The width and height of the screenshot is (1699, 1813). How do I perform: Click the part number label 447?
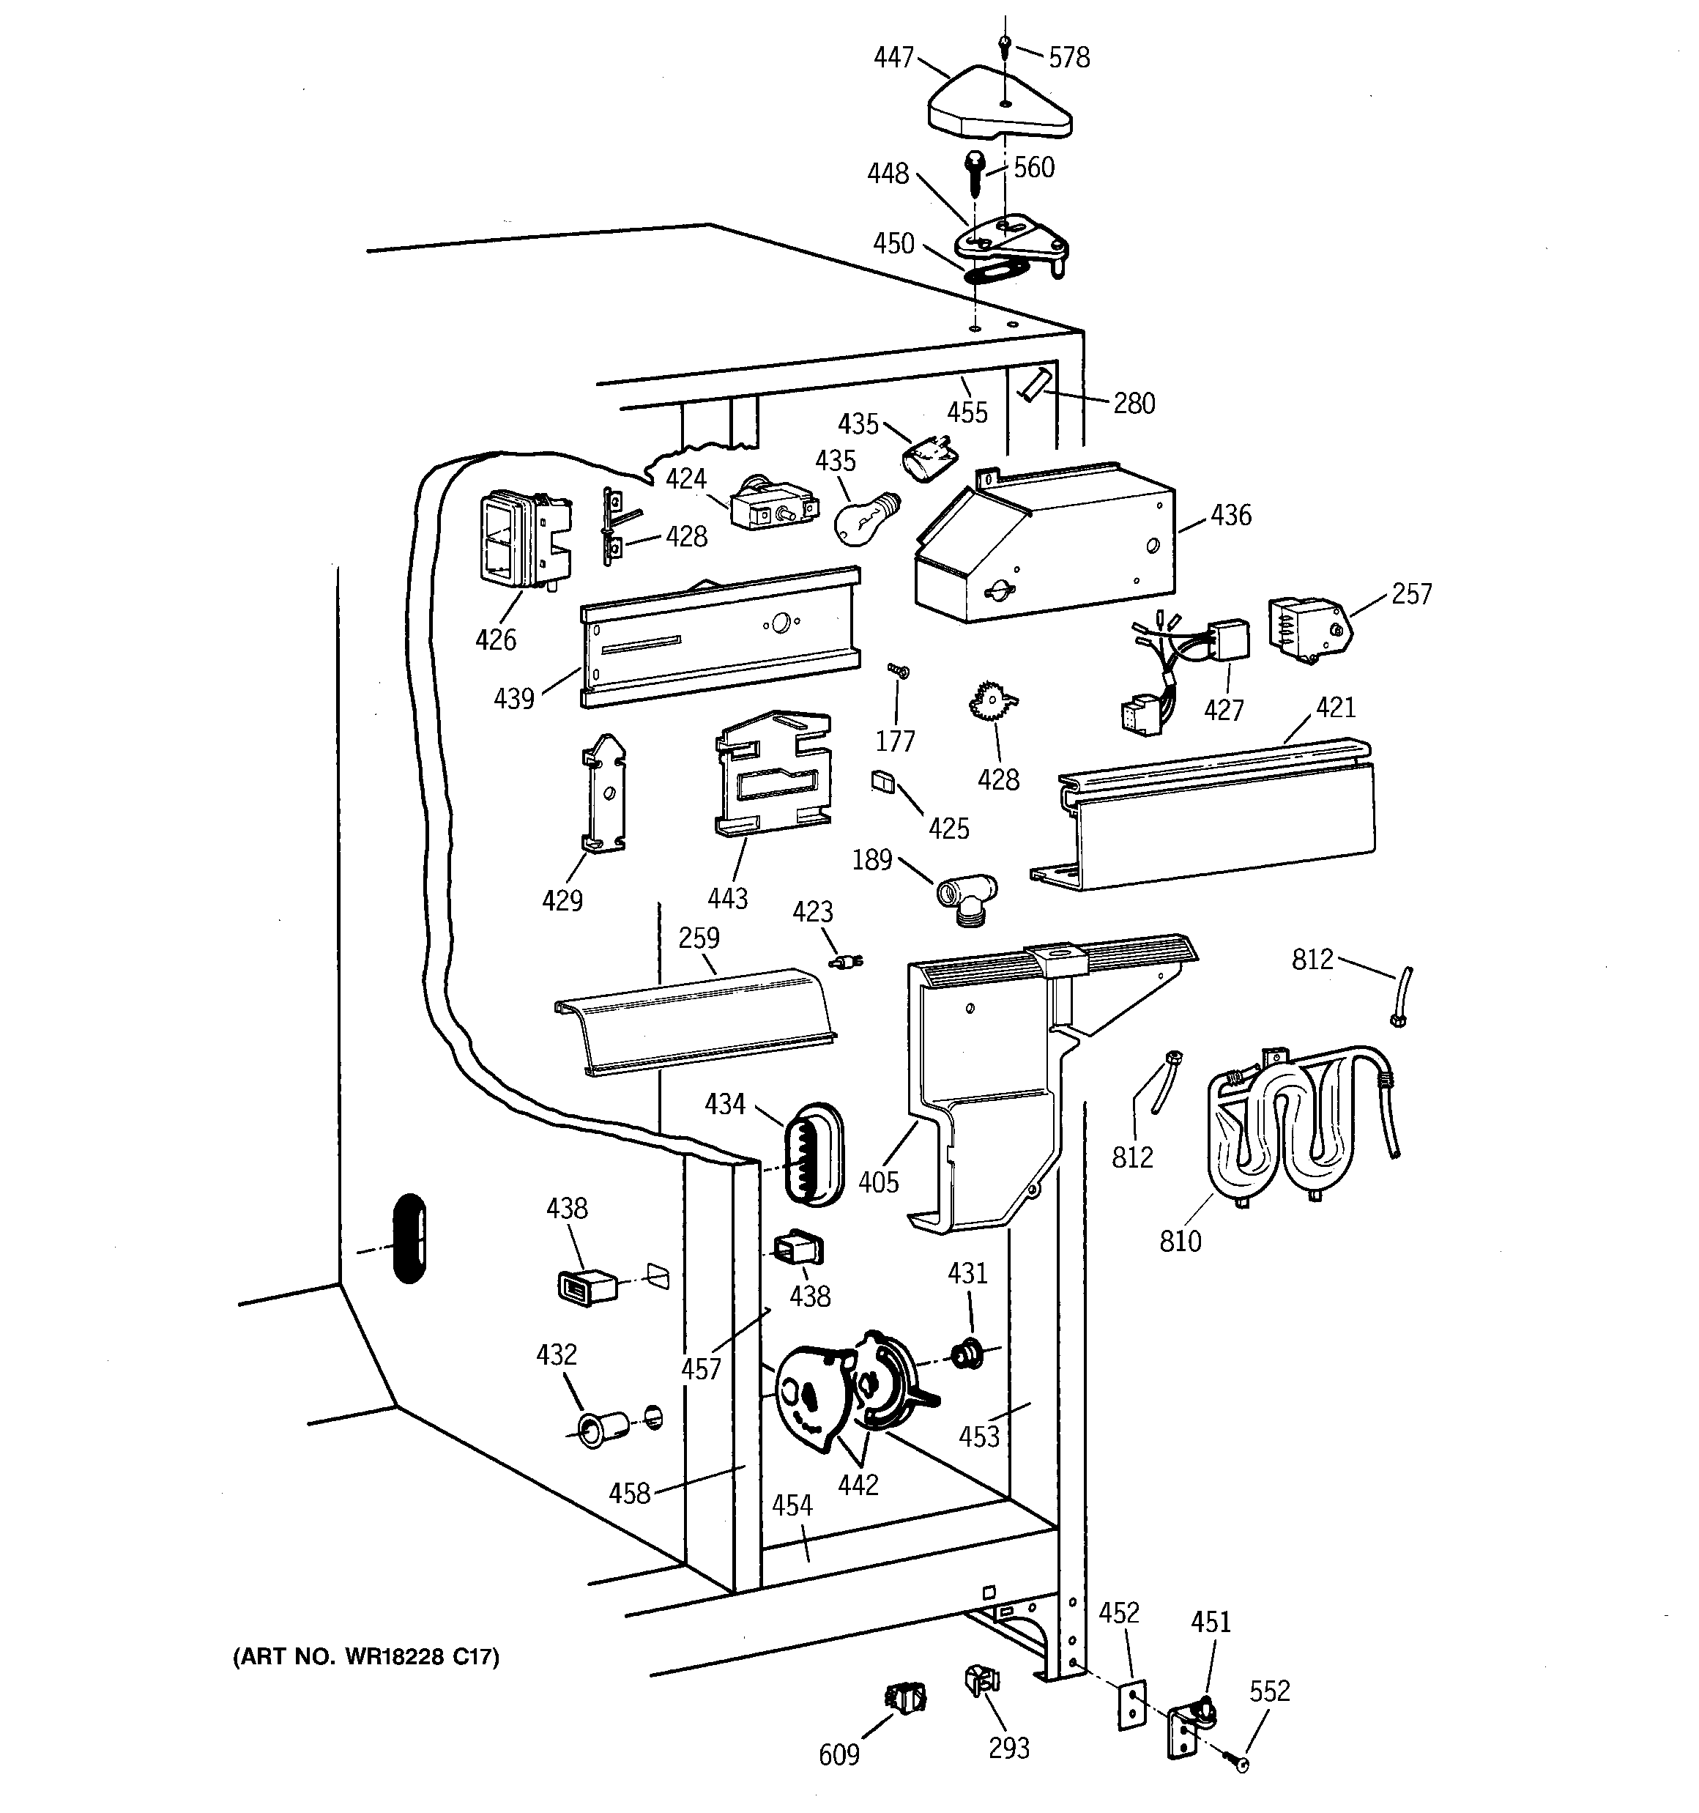(x=893, y=57)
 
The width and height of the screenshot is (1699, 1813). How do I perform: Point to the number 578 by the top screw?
(x=1068, y=57)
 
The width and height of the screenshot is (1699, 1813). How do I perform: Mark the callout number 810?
(x=1180, y=1240)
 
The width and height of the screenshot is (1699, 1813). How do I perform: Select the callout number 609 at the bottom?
(x=839, y=1754)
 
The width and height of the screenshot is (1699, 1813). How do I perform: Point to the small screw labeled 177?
(x=899, y=670)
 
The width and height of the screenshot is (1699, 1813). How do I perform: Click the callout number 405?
(x=878, y=1182)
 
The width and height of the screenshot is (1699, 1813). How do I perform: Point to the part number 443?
(x=728, y=898)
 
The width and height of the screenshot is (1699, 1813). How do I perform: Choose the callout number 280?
(x=1134, y=403)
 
